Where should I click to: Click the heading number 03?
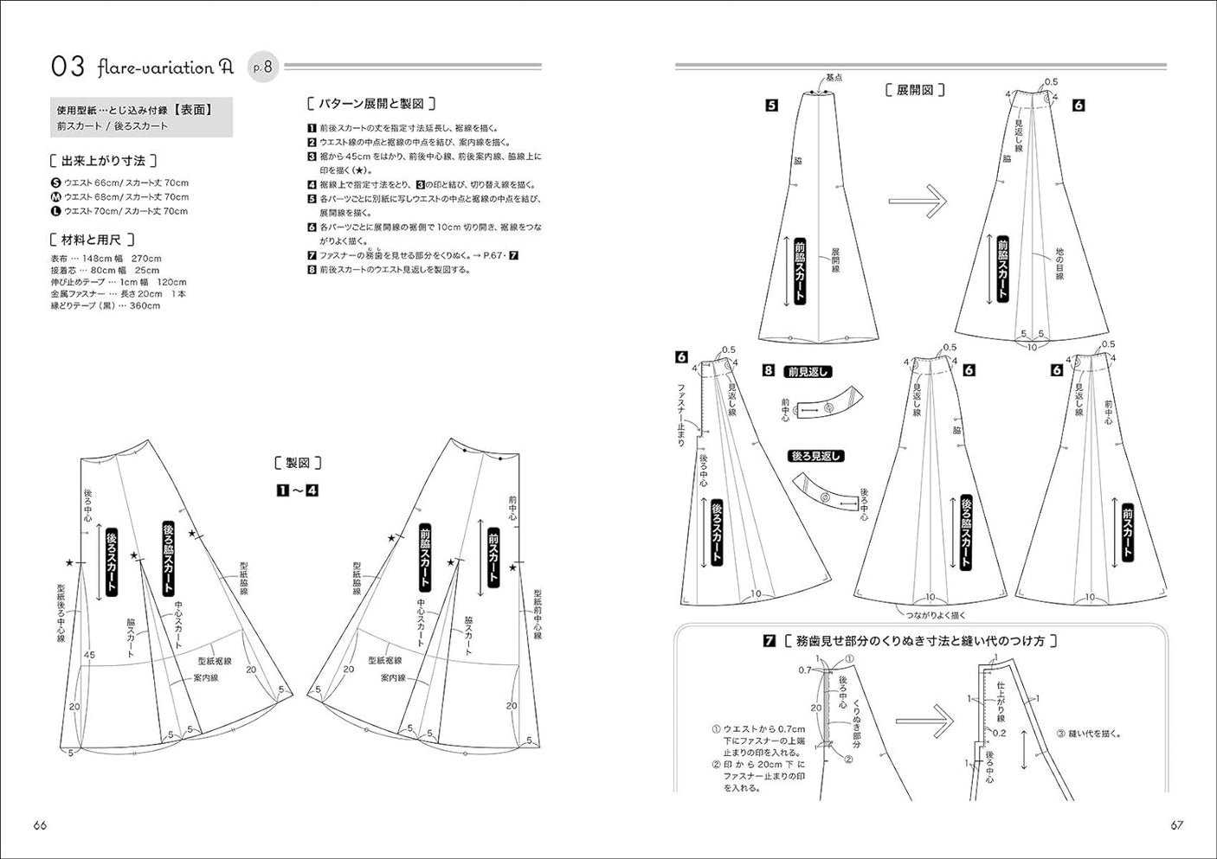point(68,67)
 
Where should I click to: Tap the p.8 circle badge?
point(263,67)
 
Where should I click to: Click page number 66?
point(40,825)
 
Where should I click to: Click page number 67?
point(1176,825)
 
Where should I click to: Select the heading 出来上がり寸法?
point(104,161)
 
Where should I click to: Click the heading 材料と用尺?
point(92,240)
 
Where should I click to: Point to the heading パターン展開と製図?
point(371,104)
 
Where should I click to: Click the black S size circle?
point(56,183)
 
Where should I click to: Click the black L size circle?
point(56,211)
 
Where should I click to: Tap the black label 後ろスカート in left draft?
point(111,561)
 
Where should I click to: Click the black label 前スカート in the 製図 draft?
point(493,556)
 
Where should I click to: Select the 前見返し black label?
point(808,372)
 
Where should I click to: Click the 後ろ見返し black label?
point(815,456)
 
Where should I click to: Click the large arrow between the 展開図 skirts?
point(918,202)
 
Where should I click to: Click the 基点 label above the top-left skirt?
point(833,78)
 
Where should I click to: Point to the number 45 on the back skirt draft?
point(89,656)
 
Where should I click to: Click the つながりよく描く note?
point(936,615)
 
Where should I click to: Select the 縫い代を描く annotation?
point(1089,734)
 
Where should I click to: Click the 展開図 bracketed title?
point(914,90)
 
